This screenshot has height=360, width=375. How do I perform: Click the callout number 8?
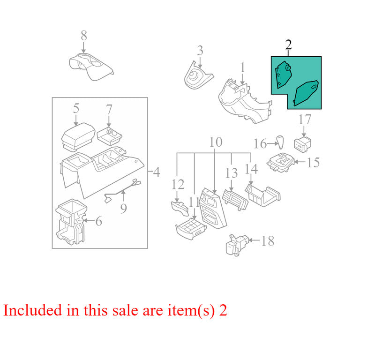tap(84, 36)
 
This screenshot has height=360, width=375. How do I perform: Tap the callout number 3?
tap(200, 51)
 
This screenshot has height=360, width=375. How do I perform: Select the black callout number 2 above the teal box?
tap(288, 45)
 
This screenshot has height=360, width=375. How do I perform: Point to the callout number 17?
tap(305, 120)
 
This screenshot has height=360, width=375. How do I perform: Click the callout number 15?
tap(313, 162)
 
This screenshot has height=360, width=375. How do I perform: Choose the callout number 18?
tap(268, 241)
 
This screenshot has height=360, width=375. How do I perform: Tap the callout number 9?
tap(123, 208)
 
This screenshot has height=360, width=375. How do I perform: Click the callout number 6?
tap(99, 221)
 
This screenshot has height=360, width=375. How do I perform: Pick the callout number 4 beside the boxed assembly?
tap(157, 172)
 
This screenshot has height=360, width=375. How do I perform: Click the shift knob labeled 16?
tap(280, 142)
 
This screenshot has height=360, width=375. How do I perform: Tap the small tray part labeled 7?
tap(109, 136)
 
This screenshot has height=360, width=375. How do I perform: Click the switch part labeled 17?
tap(302, 144)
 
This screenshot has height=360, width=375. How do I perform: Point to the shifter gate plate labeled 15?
tap(281, 162)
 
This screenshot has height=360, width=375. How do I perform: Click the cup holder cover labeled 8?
tap(91, 67)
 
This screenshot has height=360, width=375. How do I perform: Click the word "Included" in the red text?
tap(33, 310)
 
